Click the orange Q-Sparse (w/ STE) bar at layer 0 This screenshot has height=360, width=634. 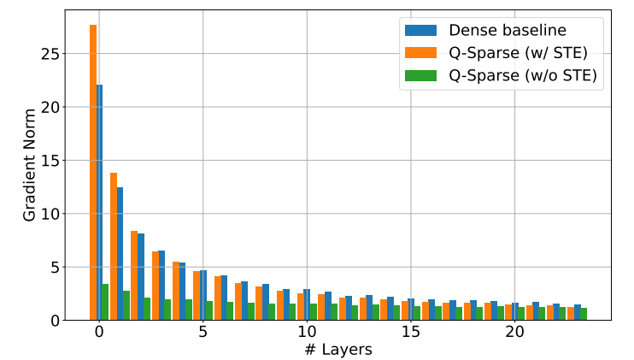point(93,171)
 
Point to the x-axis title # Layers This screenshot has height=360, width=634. point(338,349)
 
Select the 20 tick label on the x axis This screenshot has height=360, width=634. point(514,332)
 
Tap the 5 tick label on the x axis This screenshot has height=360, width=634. point(203,332)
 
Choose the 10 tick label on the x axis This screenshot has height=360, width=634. point(307,332)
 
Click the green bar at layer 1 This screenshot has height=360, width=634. point(126,305)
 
